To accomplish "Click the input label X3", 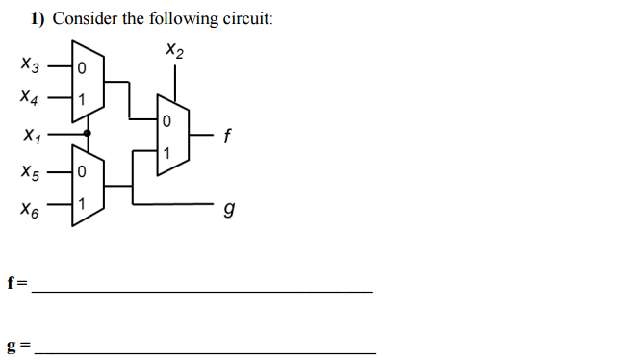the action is [x=32, y=66].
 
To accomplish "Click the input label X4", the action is [x=32, y=97].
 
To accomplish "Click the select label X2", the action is [x=173, y=49].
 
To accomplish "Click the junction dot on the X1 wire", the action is [x=88, y=133].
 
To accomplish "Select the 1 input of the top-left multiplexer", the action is [x=82, y=98].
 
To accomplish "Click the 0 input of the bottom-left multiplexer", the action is [x=82, y=172].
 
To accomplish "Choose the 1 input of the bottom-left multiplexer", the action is [x=82, y=204].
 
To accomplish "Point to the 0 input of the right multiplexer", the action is [x=166, y=122].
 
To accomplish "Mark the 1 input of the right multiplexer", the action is [x=166, y=152].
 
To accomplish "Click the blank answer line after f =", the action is [x=202, y=290].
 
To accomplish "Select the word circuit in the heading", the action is [x=246, y=18].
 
